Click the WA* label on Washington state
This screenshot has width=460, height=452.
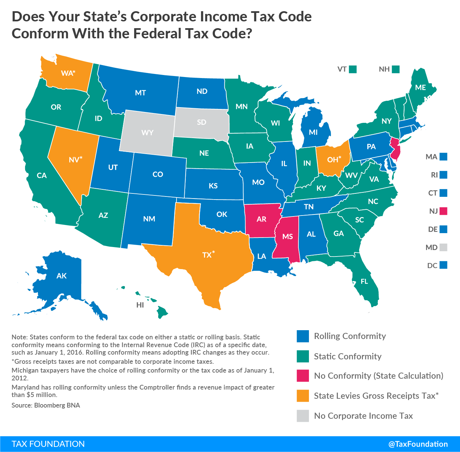[x=68, y=73]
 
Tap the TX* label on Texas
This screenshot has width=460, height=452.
[x=208, y=255]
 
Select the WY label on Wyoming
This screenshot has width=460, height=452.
[x=147, y=133]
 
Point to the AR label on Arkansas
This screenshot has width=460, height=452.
[x=261, y=219]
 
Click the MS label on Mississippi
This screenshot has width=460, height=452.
[x=288, y=237]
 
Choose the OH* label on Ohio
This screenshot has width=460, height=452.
[x=334, y=159]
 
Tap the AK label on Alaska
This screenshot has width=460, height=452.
[x=62, y=276]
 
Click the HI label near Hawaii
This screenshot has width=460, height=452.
[x=140, y=305]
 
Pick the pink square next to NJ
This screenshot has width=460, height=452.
[x=443, y=211]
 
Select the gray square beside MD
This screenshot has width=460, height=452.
[x=443, y=247]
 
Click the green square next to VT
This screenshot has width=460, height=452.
[x=353, y=69]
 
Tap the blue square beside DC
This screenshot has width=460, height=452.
[x=443, y=265]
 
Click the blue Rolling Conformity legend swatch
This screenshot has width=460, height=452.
[x=303, y=336]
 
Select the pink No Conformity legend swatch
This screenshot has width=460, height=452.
[x=303, y=376]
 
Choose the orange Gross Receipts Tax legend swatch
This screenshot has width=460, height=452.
[x=303, y=396]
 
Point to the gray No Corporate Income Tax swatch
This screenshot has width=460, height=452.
[x=303, y=416]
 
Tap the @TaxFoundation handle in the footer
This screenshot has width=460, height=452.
[x=418, y=444]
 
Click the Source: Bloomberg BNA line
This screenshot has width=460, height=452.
[x=46, y=405]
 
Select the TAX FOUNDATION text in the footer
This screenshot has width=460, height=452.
[x=48, y=444]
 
